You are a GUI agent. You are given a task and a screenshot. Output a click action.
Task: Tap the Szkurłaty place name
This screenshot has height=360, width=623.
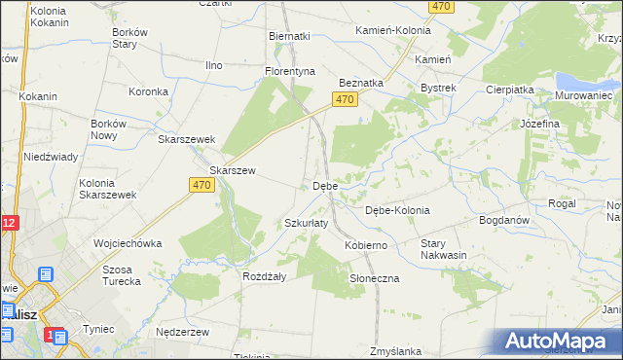[x=306, y=223]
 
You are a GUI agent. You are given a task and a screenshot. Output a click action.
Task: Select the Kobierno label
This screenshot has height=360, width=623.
[x=366, y=246]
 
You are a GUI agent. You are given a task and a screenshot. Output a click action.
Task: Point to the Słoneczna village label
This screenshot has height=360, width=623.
[x=375, y=278]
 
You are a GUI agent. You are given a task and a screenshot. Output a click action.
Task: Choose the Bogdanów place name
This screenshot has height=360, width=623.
[x=503, y=220]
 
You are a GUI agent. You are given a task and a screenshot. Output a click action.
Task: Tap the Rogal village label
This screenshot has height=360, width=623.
[x=562, y=203]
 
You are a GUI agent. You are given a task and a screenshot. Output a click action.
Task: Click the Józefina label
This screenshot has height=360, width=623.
[x=539, y=125]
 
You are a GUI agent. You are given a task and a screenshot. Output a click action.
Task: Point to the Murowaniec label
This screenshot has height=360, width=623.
[x=583, y=95]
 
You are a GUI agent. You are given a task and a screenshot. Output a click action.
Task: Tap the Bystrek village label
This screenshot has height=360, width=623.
[x=438, y=89]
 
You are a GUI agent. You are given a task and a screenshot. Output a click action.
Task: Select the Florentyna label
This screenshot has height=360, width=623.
[x=290, y=72]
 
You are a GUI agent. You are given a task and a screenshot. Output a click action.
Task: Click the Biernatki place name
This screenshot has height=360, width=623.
[x=289, y=36]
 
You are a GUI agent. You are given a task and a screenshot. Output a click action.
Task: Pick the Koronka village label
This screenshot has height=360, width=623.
[x=150, y=92]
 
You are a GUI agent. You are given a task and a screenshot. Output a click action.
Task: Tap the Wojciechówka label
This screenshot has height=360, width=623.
[x=127, y=243]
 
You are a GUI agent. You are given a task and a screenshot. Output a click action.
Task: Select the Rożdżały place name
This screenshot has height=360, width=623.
[x=263, y=276]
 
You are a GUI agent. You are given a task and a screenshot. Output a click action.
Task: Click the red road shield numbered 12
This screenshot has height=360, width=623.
[x=8, y=223]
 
